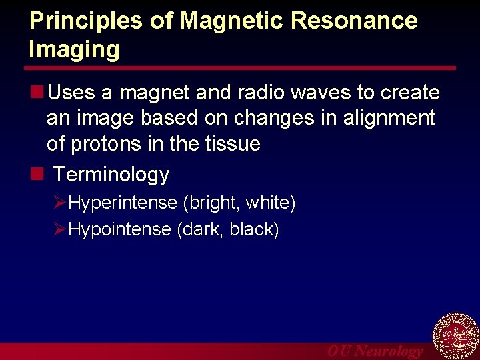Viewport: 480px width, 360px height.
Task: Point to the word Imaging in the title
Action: pos(75,49)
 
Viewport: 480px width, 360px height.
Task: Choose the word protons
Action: pos(107,144)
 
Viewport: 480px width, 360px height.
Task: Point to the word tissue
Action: pos(231,144)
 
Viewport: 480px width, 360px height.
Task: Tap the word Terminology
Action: pos(111,175)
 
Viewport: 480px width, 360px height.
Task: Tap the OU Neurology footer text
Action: pos(375,351)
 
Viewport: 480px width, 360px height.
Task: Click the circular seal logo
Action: pos(456,337)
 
